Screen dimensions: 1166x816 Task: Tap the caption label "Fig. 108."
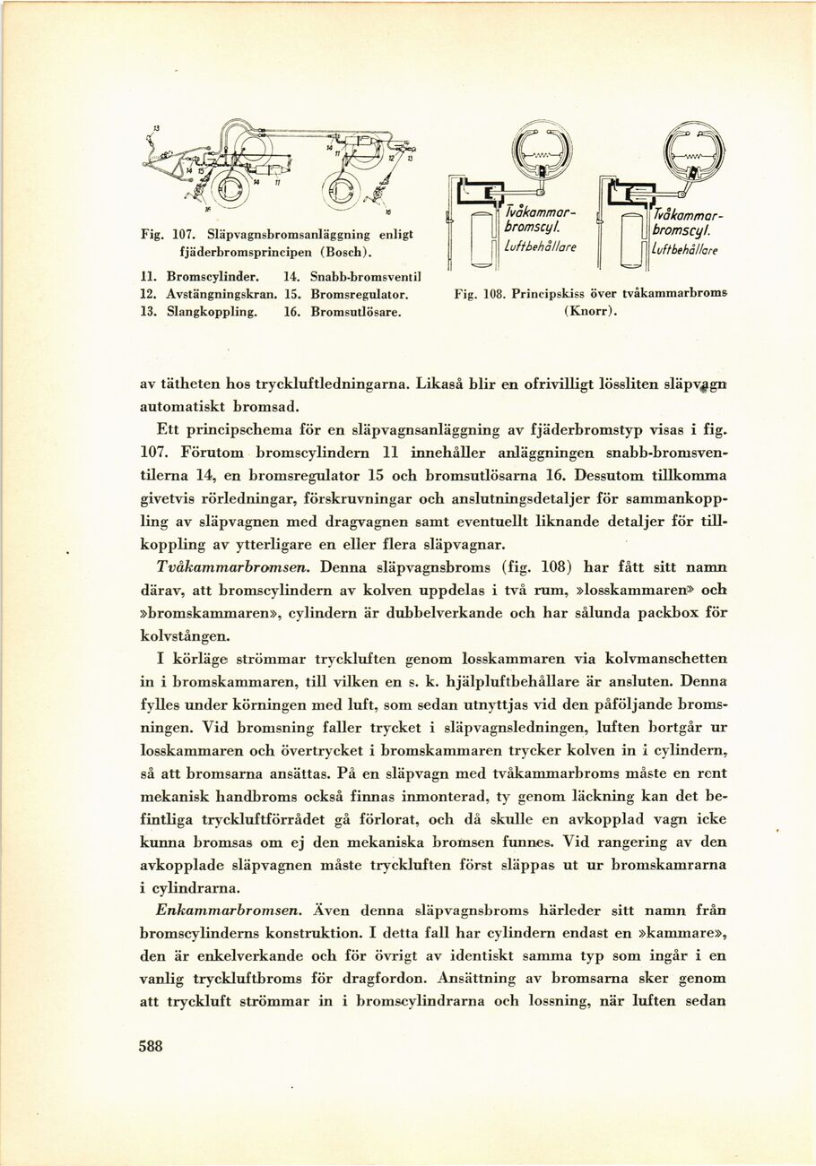coord(477,293)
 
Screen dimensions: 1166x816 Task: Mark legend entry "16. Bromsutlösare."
coord(346,311)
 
